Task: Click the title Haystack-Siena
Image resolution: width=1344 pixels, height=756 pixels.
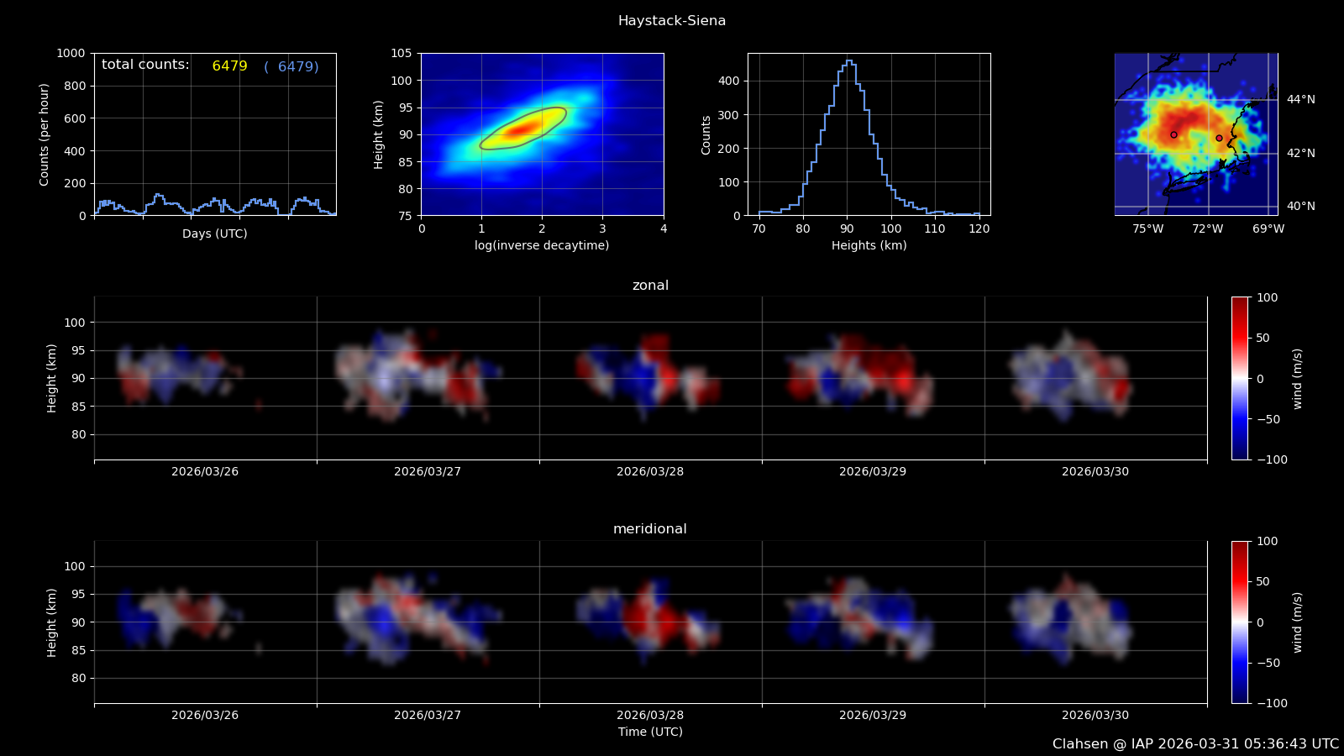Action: click(671, 21)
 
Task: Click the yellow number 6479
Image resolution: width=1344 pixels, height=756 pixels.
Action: click(229, 66)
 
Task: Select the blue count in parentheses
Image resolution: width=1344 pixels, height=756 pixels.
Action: click(291, 66)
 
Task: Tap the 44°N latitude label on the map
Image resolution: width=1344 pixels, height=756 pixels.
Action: click(1300, 100)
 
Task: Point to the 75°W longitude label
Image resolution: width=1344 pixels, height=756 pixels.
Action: click(1147, 228)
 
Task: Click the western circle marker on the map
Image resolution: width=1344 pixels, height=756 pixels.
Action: click(1173, 134)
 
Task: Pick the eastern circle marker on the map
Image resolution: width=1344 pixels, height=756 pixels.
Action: click(1219, 138)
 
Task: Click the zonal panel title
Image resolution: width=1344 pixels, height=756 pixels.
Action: click(650, 286)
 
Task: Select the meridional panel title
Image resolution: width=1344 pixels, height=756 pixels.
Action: click(649, 529)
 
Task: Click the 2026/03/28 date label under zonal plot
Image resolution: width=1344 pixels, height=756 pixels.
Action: click(649, 472)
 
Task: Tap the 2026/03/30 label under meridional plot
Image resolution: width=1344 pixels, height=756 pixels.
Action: click(1095, 716)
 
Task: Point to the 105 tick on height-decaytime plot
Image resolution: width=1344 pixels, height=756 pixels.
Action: click(402, 54)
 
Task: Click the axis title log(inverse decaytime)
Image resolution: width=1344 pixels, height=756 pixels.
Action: click(542, 245)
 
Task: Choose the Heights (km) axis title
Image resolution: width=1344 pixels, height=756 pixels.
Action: click(869, 245)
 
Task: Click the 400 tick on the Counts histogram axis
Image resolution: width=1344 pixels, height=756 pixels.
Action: click(728, 81)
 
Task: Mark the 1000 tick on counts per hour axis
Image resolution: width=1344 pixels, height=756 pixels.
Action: click(71, 54)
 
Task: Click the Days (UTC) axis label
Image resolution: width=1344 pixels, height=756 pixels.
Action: click(214, 234)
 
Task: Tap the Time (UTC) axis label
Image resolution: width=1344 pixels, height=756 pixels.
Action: click(650, 732)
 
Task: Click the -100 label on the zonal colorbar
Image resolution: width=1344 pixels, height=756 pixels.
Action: click(1271, 459)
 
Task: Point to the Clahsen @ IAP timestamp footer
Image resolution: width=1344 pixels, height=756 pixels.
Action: click(1195, 744)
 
